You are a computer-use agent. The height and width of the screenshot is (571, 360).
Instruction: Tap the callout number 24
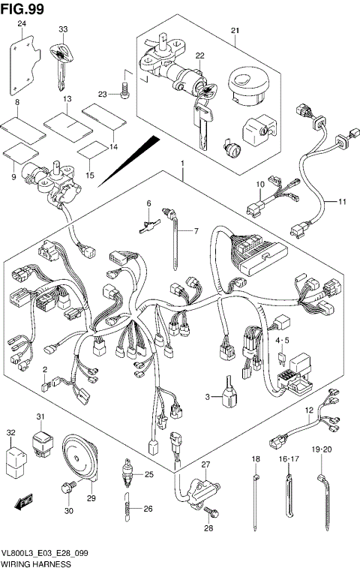(22, 25)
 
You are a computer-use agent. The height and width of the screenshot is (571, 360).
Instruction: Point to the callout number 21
(234, 30)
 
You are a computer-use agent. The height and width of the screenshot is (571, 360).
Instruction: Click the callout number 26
(148, 509)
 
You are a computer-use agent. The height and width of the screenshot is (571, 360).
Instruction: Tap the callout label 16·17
(289, 458)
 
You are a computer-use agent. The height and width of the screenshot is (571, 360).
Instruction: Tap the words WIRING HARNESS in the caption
(36, 563)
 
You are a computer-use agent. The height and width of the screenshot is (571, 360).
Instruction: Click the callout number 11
(341, 202)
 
